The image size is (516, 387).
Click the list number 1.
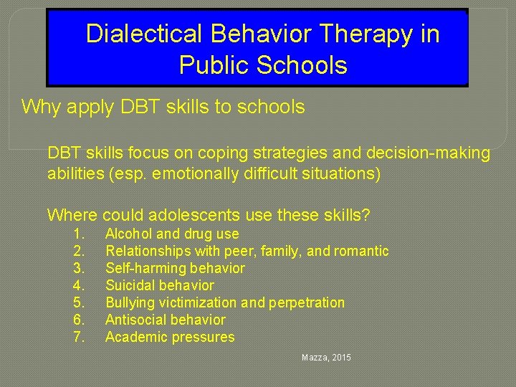click(79, 234)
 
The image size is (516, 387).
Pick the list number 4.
click(79, 286)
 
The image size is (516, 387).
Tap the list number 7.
click(79, 338)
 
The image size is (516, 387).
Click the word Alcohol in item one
click(128, 234)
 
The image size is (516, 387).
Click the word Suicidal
click(130, 286)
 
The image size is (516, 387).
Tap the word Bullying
click(129, 303)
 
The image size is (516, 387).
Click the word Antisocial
click(133, 320)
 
